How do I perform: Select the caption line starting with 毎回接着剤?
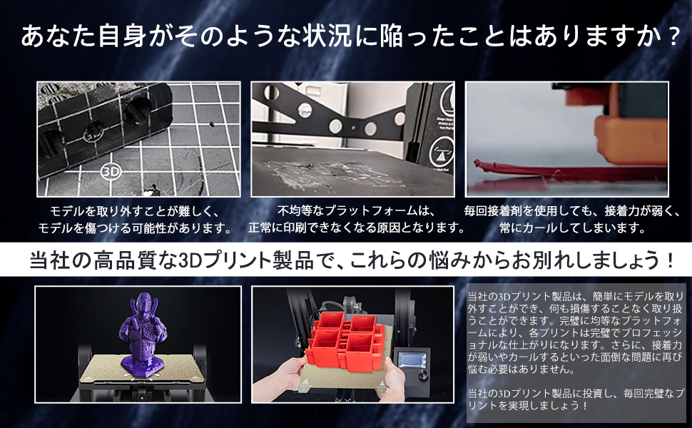pos(567,211)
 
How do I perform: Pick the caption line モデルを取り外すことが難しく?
pos(136,211)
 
